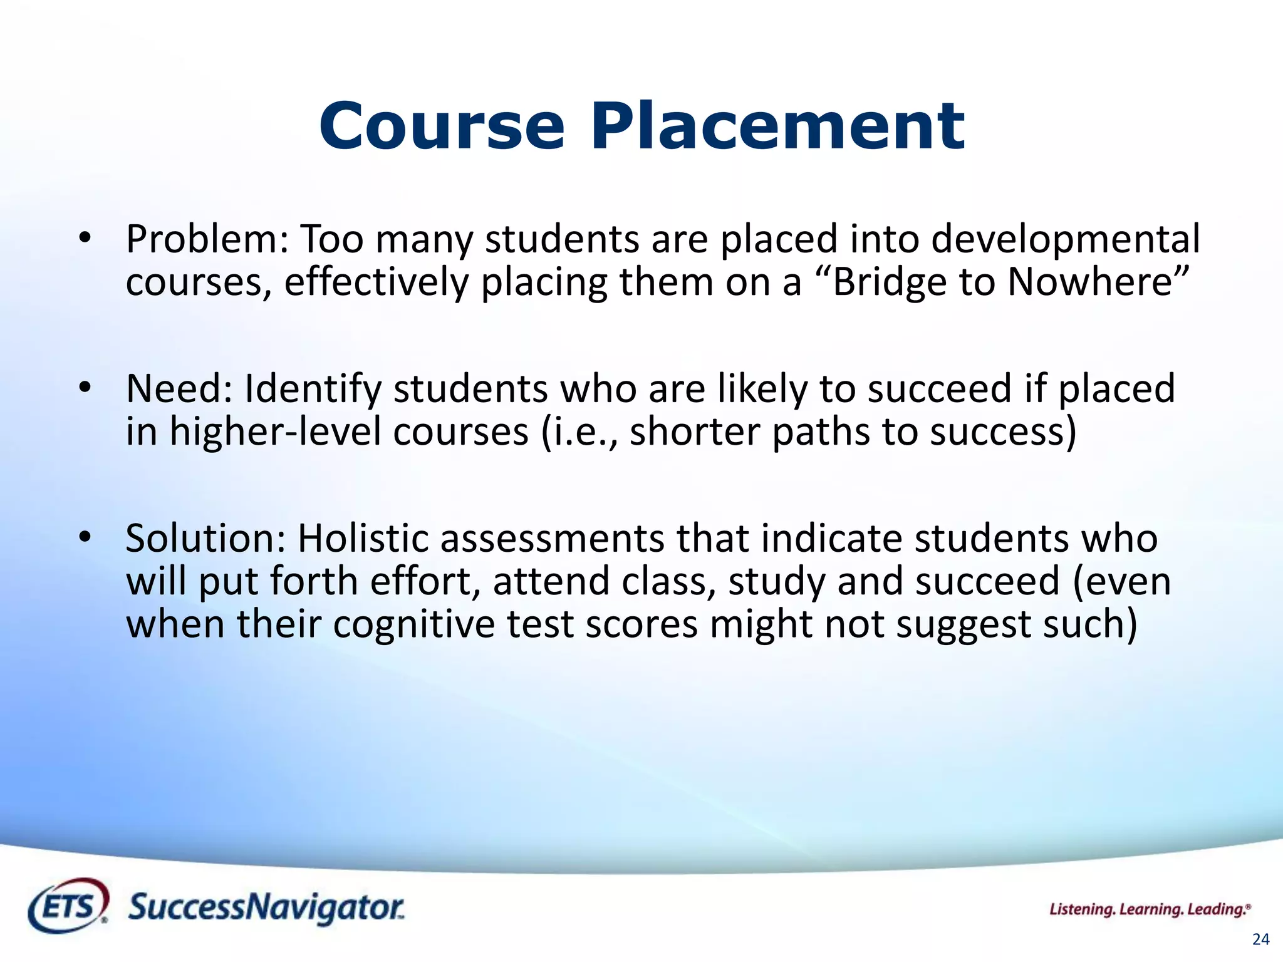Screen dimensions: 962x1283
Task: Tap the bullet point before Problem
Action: (x=85, y=238)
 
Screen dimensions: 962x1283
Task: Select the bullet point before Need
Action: (x=85, y=387)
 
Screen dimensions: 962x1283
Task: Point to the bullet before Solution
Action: (x=85, y=537)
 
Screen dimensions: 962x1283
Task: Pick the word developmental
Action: (x=1065, y=240)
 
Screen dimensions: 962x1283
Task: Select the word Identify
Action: (x=312, y=390)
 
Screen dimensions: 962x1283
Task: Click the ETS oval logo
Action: (x=68, y=906)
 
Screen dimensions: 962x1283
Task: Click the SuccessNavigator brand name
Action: (x=266, y=908)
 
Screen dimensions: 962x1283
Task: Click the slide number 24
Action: (x=1260, y=939)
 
